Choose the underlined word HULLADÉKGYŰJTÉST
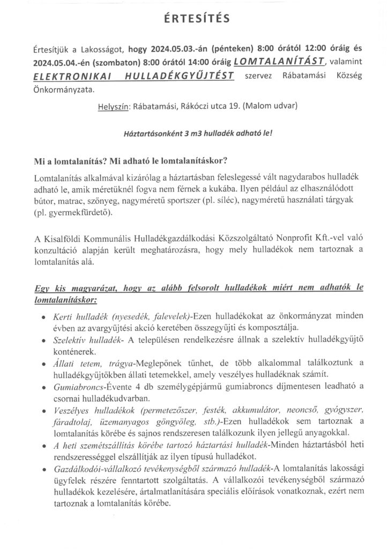(x=181, y=76)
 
